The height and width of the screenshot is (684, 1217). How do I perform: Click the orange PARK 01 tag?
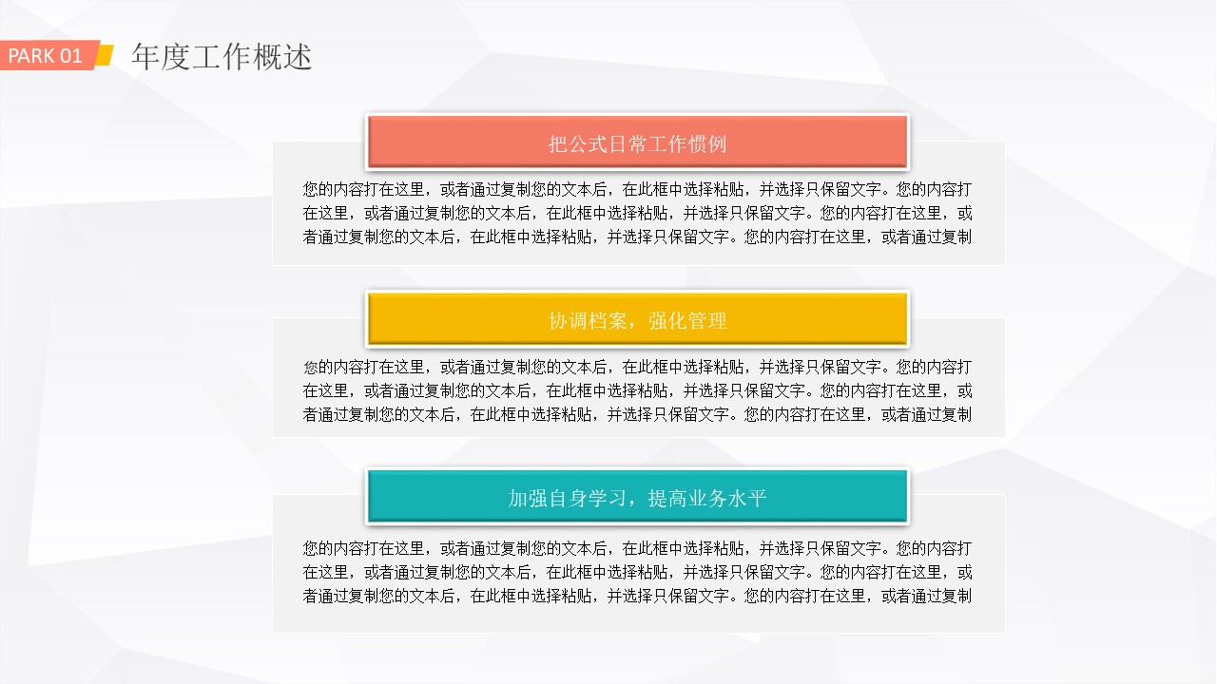[48, 55]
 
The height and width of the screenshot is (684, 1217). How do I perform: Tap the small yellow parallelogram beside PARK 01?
[106, 55]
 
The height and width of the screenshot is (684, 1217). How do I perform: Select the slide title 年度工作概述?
[222, 57]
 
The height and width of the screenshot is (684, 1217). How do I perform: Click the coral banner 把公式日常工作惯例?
[637, 142]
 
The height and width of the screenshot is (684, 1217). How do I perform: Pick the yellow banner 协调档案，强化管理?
[637, 320]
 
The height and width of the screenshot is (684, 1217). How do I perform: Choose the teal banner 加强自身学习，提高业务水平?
[637, 497]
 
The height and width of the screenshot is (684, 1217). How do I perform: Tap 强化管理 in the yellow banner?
[687, 321]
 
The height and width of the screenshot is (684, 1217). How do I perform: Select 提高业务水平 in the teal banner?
[707, 498]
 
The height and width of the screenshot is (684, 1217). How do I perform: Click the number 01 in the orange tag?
[71, 56]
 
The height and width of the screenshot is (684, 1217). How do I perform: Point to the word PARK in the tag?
[31, 56]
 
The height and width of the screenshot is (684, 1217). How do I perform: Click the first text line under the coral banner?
[637, 189]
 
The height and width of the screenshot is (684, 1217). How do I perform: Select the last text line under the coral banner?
[637, 237]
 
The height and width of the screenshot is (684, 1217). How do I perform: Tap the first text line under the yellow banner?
[637, 367]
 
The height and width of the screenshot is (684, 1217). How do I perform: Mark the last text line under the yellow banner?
[637, 414]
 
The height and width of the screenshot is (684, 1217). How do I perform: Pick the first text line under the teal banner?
[637, 548]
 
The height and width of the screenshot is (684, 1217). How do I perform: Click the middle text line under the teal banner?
[637, 572]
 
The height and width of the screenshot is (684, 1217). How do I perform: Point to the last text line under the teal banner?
[637, 596]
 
